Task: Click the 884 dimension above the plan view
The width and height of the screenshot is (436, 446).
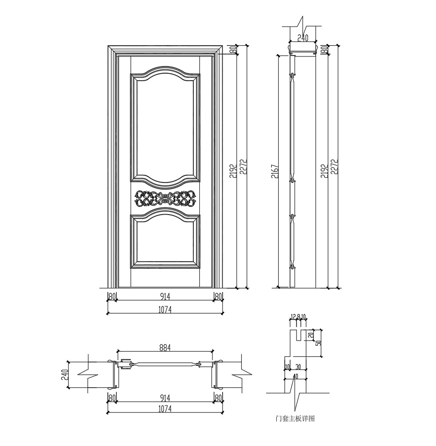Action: (x=165, y=347)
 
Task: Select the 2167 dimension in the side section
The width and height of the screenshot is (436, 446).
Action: (x=275, y=171)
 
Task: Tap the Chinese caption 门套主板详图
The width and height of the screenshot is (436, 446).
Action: (x=295, y=418)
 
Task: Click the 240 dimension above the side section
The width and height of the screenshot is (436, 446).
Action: (x=302, y=38)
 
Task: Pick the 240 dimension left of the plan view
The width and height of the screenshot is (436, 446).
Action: (x=65, y=375)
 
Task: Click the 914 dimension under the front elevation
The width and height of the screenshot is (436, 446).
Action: (x=165, y=296)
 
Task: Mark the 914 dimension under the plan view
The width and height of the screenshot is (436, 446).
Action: (x=165, y=397)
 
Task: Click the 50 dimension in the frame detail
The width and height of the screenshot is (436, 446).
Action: (x=318, y=343)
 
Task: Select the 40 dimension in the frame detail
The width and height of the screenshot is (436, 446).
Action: (x=295, y=376)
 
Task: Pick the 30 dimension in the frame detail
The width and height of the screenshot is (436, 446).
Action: (x=298, y=367)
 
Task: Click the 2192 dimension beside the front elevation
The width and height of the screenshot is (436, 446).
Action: (x=233, y=171)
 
